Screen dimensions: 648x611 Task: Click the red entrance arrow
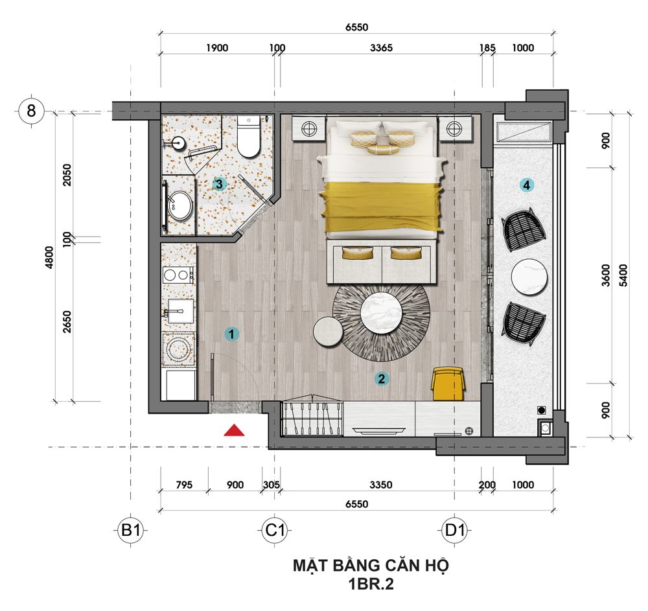tap(234, 430)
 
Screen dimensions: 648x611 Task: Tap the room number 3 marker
tap(219, 184)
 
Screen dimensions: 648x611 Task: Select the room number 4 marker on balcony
tap(526, 185)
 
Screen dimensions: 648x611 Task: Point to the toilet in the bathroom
tap(249, 136)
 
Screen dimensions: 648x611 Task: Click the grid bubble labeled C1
tap(275, 530)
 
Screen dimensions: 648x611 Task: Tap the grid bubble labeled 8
tap(31, 111)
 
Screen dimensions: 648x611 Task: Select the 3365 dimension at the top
tap(381, 48)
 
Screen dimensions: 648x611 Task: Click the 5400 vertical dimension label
tap(623, 275)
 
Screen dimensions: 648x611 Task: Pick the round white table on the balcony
tap(529, 277)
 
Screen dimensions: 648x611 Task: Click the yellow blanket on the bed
tap(382, 207)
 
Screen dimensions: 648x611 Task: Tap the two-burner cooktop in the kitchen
tap(179, 275)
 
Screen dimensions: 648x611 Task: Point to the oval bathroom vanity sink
tap(180, 205)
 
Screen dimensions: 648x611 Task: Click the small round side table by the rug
tap(328, 330)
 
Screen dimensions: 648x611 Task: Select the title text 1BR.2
tap(371, 584)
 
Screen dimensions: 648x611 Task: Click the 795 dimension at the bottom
tap(184, 485)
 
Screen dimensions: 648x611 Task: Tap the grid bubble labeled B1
tap(131, 530)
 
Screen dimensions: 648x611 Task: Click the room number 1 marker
tap(232, 334)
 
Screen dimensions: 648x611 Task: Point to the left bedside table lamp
tap(308, 129)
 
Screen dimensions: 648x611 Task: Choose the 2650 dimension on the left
tap(67, 322)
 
